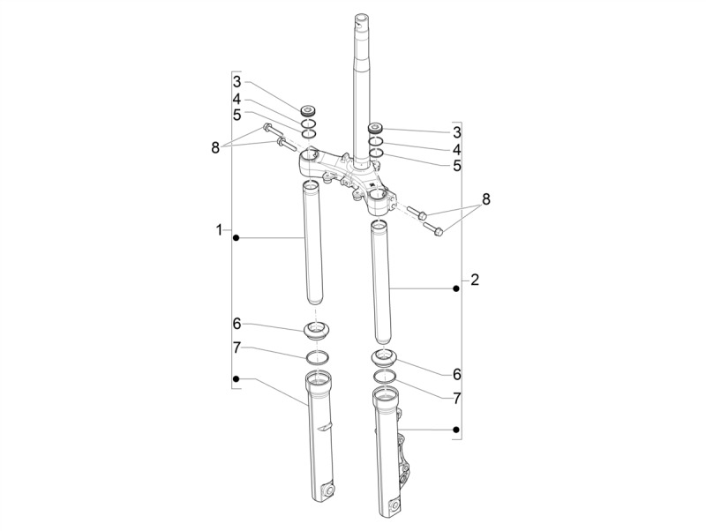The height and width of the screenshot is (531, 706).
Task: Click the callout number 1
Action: (219, 230)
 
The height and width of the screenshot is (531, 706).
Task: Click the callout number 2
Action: (475, 280)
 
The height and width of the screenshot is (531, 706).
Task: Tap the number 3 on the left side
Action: (237, 82)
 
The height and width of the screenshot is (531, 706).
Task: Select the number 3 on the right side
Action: (457, 132)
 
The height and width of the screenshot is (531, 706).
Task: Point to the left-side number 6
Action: (237, 324)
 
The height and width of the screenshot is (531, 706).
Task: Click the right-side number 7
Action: (457, 398)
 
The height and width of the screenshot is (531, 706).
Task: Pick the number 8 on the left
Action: (215, 147)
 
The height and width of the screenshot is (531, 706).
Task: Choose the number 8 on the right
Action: (486, 199)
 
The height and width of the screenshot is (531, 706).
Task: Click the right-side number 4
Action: (457, 149)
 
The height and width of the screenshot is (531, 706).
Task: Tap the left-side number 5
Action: (237, 116)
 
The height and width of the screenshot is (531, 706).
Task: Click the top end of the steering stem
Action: (362, 18)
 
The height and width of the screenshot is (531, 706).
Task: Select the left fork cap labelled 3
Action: (308, 110)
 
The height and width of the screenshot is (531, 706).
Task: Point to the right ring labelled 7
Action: (385, 376)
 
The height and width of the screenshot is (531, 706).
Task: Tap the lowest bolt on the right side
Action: (432, 228)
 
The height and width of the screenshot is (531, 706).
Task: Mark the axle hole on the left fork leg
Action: (327, 490)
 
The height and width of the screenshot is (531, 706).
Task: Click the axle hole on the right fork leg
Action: (395, 506)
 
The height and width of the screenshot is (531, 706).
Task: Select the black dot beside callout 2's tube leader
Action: (456, 289)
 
